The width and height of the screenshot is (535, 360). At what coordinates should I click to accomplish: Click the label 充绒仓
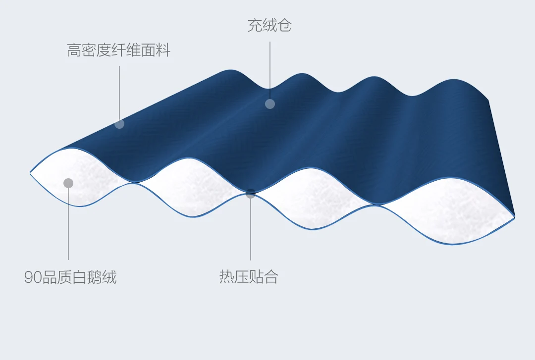pyautogui.click(x=269, y=26)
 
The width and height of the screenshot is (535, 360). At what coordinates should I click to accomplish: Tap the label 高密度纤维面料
pyautogui.click(x=118, y=51)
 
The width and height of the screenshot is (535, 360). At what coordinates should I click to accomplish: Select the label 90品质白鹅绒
pyautogui.click(x=70, y=277)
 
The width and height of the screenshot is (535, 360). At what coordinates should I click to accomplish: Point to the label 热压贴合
pyautogui.click(x=249, y=277)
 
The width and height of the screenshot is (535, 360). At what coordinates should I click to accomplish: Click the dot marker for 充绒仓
pyautogui.click(x=269, y=103)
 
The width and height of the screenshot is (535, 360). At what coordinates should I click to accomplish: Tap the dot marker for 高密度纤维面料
pyautogui.click(x=119, y=123)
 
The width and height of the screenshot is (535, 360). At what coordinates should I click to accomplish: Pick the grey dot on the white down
pyautogui.click(x=68, y=183)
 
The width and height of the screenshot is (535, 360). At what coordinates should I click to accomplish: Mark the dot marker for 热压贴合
pyautogui.click(x=251, y=194)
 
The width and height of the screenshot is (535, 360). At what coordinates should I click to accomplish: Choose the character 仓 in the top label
pyautogui.click(x=284, y=26)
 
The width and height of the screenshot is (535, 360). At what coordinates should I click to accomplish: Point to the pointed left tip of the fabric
pyautogui.click(x=31, y=172)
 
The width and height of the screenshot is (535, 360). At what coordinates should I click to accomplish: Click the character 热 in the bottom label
pyautogui.click(x=226, y=277)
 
